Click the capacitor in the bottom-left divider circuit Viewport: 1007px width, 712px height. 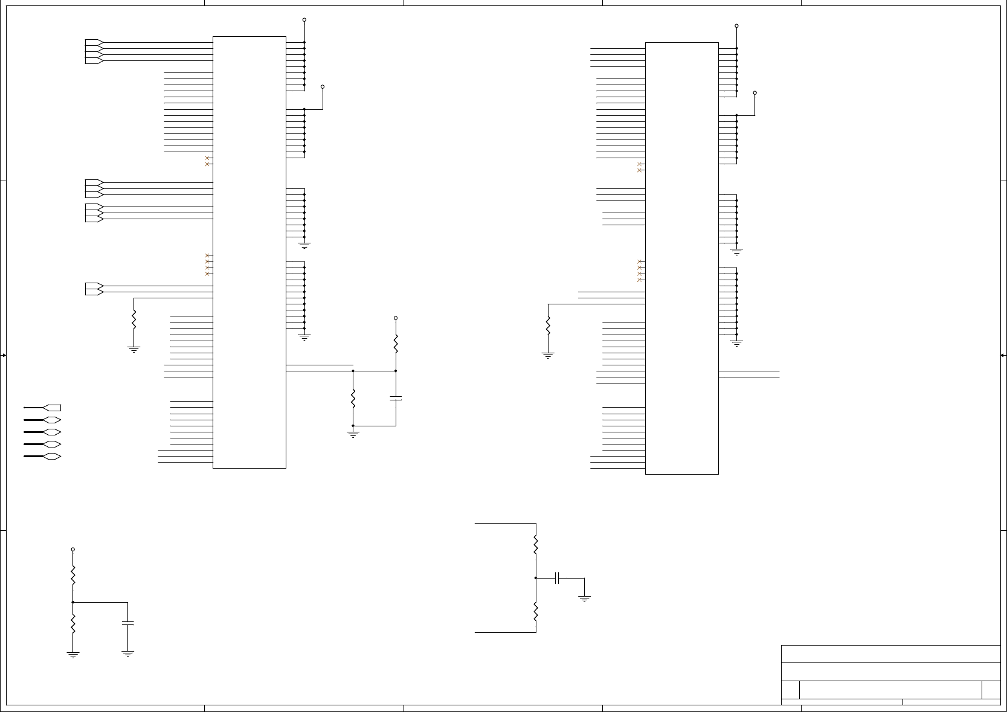click(127, 623)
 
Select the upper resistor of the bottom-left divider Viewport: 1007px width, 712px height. click(73, 575)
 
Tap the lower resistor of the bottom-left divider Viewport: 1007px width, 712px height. click(73, 624)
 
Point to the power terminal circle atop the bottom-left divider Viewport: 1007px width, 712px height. click(73, 550)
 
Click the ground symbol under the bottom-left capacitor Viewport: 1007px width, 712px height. click(127, 653)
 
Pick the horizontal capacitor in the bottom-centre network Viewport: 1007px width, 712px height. click(558, 578)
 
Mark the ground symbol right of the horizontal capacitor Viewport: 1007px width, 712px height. click(584, 598)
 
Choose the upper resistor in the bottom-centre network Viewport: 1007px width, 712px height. click(536, 545)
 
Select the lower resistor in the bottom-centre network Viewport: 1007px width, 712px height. click(536, 612)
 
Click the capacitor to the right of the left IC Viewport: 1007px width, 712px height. click(396, 399)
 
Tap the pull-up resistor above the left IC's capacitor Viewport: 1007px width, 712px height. click(396, 344)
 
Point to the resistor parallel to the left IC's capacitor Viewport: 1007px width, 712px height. click(353, 399)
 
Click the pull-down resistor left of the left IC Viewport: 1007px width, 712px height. click(134, 319)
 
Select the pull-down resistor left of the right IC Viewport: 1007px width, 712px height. click(548, 326)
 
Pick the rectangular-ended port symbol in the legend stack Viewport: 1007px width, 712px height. click(52, 408)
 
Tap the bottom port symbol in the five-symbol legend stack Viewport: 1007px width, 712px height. click(52, 457)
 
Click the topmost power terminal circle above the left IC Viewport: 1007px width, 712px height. click(304, 20)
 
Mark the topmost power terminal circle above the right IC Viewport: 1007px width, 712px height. click(736, 26)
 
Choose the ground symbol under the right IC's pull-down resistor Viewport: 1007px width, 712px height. click(548, 355)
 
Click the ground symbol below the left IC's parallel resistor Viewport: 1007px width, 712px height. click(353, 434)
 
